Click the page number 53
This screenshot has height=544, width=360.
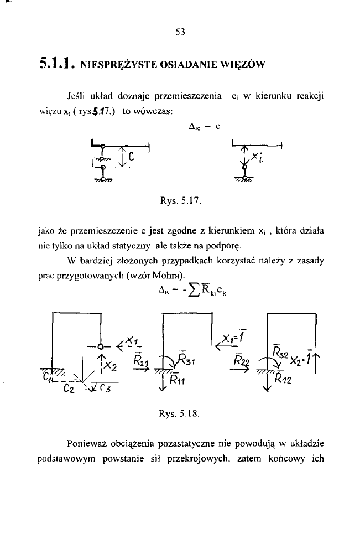[179, 32]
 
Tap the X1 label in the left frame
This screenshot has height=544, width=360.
[128, 336]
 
